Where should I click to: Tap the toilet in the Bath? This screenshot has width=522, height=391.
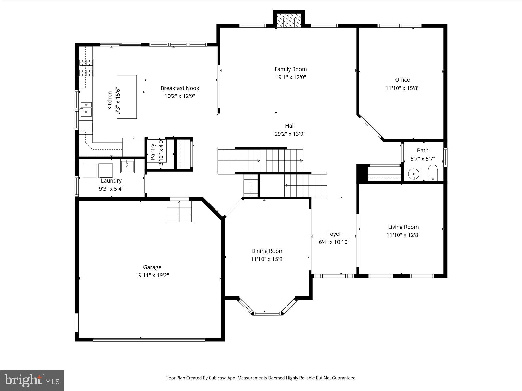[433, 173]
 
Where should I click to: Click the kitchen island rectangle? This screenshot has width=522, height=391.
[127, 97]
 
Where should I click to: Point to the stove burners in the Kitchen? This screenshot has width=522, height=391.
[86, 68]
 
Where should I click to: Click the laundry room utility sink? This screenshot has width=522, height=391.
[127, 166]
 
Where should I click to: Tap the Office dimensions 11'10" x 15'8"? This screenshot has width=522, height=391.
[402, 88]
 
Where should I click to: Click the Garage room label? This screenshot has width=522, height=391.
[152, 267]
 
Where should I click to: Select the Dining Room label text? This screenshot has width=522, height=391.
[267, 251]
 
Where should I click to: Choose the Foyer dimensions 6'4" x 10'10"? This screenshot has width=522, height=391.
[334, 242]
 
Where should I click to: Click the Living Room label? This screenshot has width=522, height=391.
[403, 227]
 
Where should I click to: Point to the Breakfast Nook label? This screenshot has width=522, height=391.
[180, 88]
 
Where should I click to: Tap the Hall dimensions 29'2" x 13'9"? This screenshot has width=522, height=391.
[290, 134]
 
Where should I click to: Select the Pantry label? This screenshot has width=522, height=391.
[153, 152]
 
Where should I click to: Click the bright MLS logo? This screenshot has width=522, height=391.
[32, 380]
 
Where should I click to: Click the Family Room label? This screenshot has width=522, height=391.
[291, 69]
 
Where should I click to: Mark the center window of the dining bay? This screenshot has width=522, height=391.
[267, 313]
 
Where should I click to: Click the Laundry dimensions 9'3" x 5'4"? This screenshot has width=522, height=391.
[111, 189]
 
